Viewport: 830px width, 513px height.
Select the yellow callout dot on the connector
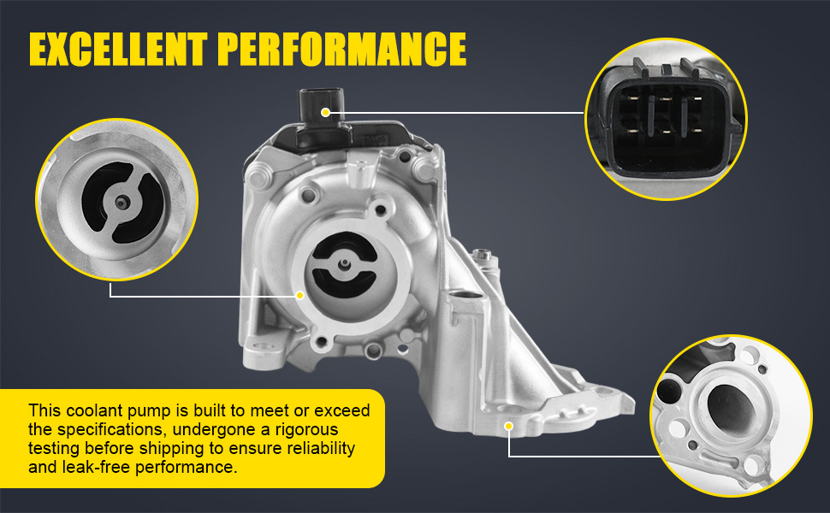coord(325,112)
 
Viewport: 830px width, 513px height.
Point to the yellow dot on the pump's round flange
coord(300,295)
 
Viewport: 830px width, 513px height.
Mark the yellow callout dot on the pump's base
coord(509,425)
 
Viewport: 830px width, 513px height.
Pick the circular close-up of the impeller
coord(117,200)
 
